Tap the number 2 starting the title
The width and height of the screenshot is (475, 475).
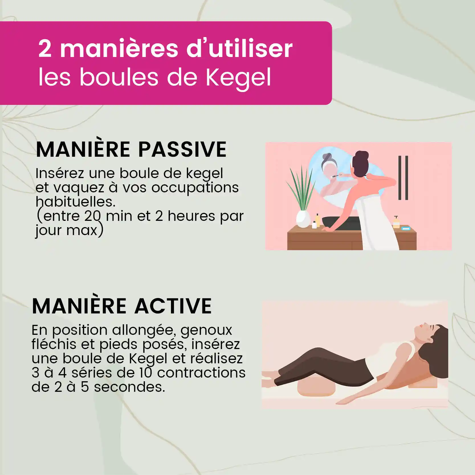click(45, 49)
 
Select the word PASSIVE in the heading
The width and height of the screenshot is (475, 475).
click(182, 149)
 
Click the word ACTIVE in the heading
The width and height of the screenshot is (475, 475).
click(173, 306)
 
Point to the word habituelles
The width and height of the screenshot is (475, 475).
click(75, 202)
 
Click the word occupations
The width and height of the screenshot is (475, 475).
click(195, 187)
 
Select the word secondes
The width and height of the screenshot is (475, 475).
click(129, 387)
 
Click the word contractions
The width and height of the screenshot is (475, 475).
click(201, 373)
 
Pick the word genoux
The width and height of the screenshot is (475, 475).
click(206, 330)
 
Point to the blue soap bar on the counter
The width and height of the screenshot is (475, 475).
click(406, 228)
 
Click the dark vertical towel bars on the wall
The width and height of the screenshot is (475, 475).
click(403, 178)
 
